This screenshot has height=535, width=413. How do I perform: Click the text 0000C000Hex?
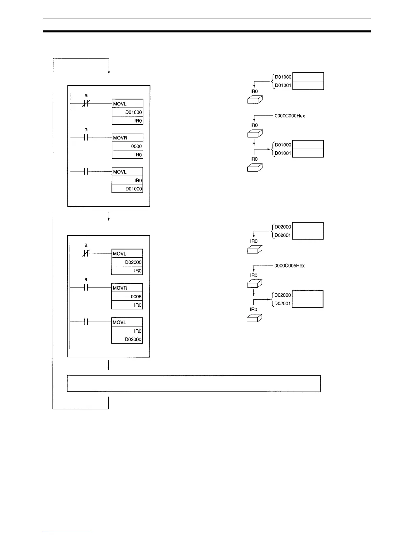coord(290,116)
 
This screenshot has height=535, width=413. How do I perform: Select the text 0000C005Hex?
coord(290,266)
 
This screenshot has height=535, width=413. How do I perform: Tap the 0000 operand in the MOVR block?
coord(136,146)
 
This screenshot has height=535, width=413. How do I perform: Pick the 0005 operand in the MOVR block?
coord(136,297)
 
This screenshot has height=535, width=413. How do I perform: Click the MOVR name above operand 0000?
coord(120,138)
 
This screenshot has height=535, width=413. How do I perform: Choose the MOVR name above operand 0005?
coord(120,288)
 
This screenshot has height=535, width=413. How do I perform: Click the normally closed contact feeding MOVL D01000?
coord(86,103)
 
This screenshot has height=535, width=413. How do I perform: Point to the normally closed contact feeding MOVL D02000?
coord(86,253)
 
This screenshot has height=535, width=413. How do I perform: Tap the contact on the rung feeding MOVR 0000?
coord(86,137)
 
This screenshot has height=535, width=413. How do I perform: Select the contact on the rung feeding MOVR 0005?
coord(86,287)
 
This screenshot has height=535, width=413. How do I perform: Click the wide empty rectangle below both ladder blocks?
coord(194,383)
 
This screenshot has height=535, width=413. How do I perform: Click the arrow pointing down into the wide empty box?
coord(108,365)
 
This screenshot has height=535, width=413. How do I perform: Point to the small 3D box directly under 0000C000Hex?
coord(255,133)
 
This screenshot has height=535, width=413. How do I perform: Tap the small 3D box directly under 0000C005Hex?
coord(255,283)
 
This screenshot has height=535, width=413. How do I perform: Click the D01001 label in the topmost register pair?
coord(283,85)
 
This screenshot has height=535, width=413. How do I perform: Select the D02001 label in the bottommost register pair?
coord(282,303)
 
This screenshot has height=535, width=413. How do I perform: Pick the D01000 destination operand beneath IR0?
coord(134,189)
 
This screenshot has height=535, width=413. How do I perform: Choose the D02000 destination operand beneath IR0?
coord(133,339)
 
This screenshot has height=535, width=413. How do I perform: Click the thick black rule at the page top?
coord(206,31)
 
